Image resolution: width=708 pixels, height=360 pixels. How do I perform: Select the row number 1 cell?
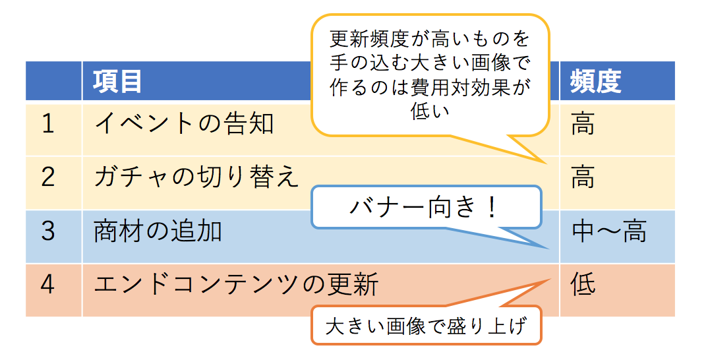(47, 124)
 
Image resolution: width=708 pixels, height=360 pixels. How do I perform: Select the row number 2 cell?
(47, 178)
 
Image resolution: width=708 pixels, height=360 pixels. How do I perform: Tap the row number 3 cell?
(47, 231)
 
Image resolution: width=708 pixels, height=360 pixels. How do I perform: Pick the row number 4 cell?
(47, 285)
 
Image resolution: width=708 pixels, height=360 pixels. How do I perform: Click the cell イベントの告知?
(184, 124)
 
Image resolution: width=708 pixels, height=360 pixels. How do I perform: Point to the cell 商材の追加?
(158, 231)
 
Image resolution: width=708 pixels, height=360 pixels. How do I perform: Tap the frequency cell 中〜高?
(608, 231)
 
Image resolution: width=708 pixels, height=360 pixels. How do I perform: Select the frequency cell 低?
(583, 285)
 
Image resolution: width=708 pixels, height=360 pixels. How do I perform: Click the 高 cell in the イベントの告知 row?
(583, 124)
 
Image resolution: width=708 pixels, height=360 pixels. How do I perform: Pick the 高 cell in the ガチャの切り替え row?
(583, 178)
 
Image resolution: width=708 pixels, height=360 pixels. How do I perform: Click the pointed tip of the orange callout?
(549, 280)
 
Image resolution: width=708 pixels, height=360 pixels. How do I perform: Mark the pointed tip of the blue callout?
(548, 249)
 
